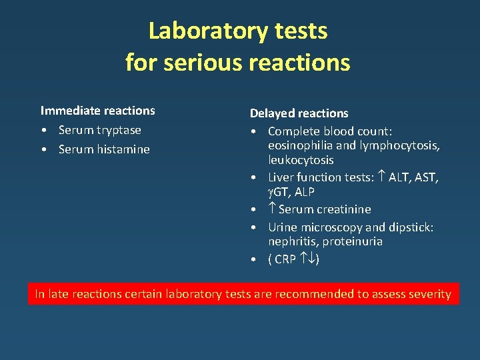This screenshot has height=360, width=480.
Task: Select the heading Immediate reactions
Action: pos(97,111)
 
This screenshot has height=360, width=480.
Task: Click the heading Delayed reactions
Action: pos(299,113)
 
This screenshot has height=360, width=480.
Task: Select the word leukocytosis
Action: pos(301,160)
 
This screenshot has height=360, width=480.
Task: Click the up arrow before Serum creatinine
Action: pos(272,209)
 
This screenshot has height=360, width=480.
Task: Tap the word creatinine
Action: pos(343,209)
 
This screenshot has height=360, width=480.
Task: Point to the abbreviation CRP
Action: pos(285,259)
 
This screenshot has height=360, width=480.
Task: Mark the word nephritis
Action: pos(291,241)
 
